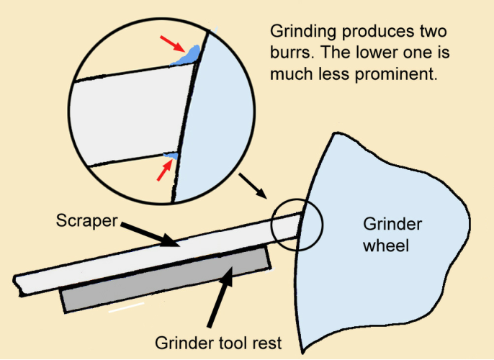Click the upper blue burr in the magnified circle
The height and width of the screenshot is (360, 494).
tap(189, 55)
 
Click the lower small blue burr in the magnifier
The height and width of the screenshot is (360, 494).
tap(171, 155)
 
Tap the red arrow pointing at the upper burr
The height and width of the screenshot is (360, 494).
tap(173, 45)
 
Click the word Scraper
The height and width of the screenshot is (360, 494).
tap(86, 220)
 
